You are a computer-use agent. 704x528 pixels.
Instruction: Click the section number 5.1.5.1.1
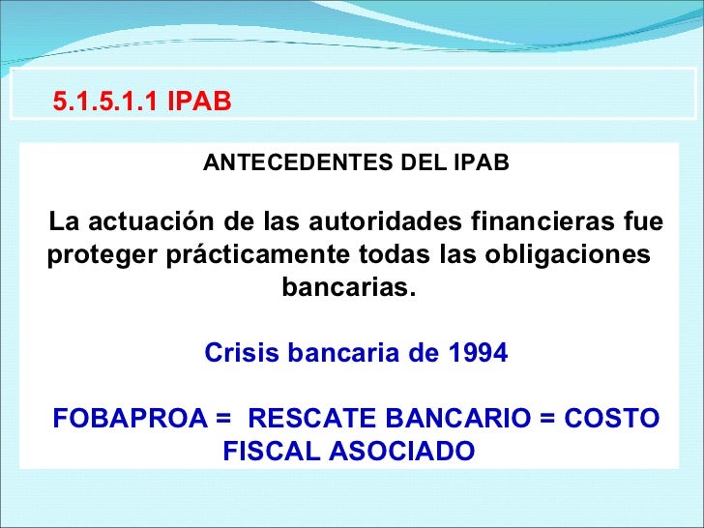click(x=105, y=102)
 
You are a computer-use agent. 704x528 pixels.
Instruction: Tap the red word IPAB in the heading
click(x=198, y=102)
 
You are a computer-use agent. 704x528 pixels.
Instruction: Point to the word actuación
click(x=150, y=222)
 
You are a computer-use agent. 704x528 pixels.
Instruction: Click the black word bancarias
click(x=347, y=289)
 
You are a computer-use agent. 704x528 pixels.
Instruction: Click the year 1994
click(x=477, y=354)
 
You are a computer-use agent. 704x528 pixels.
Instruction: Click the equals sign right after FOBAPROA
click(x=224, y=419)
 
